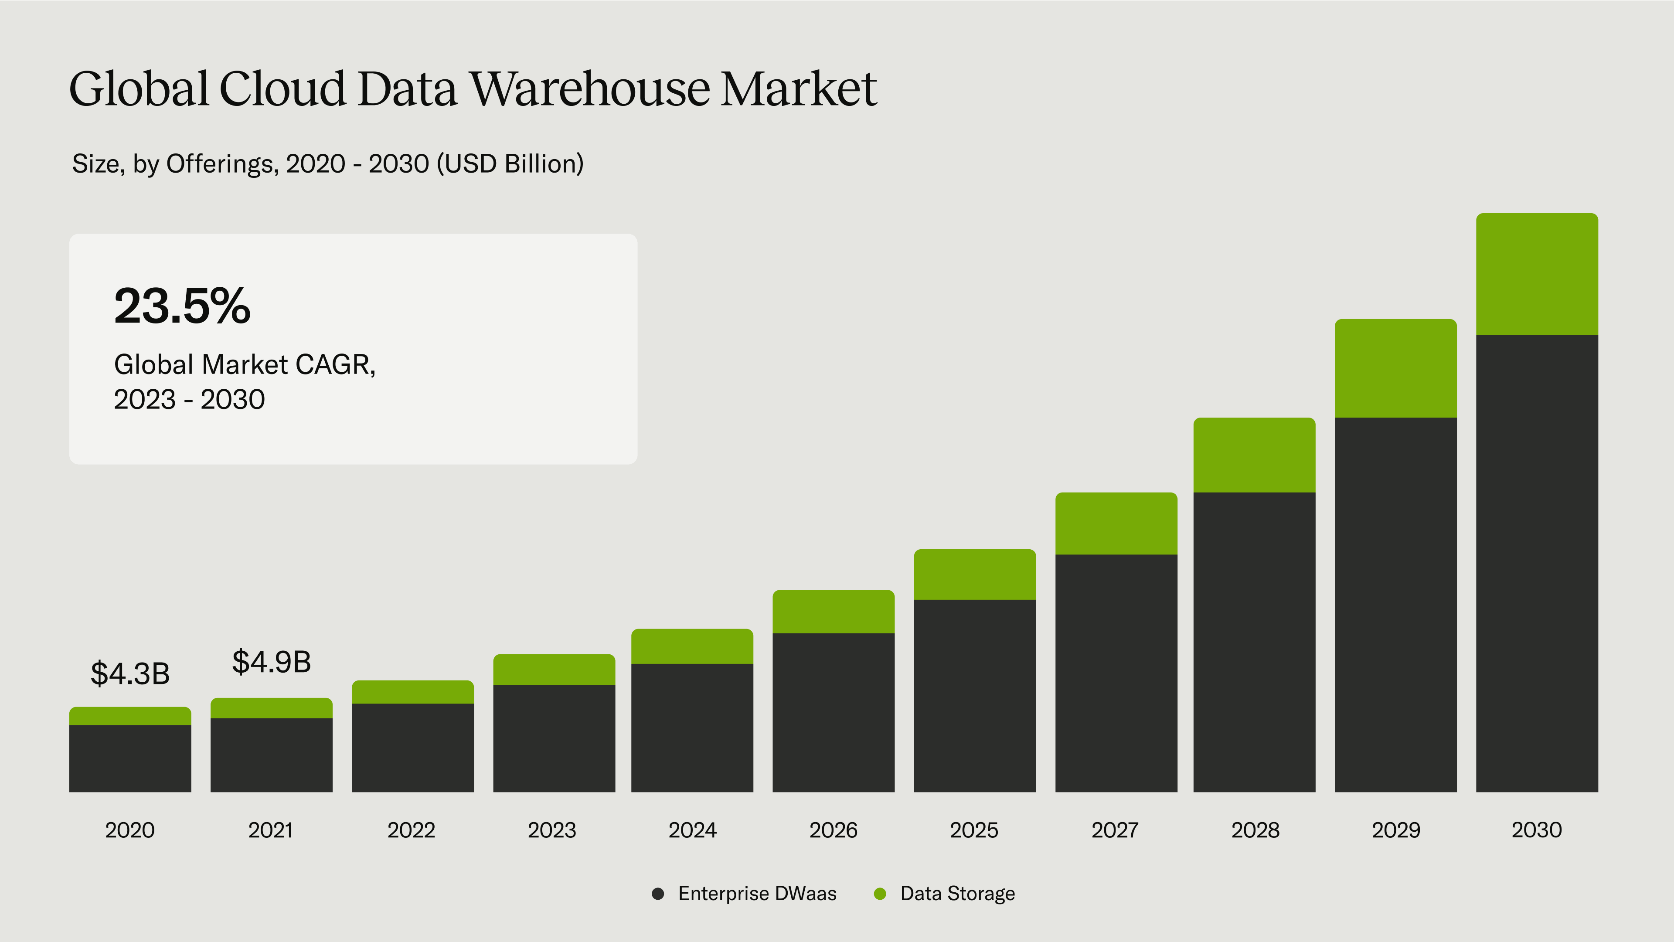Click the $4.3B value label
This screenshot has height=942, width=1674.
click(x=130, y=673)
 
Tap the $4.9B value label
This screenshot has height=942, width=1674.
click(x=271, y=662)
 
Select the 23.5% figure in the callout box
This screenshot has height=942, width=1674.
click(x=182, y=306)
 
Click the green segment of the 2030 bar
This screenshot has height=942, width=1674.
click(x=1536, y=274)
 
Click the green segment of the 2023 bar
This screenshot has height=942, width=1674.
click(x=554, y=670)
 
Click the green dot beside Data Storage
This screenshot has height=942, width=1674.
click(x=880, y=894)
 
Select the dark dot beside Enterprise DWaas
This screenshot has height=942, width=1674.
click(x=658, y=894)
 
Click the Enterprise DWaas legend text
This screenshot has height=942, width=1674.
click(x=757, y=894)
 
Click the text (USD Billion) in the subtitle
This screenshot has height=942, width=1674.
click(x=510, y=164)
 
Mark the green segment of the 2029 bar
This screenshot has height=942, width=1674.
click(x=1395, y=368)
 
